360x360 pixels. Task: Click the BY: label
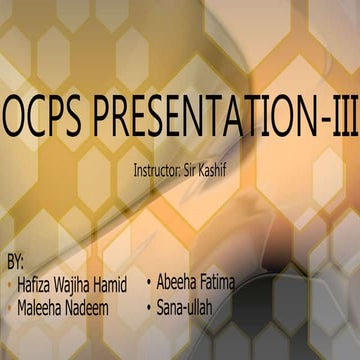15,262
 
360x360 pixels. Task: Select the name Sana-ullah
185,304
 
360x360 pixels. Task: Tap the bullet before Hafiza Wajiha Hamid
9,285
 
